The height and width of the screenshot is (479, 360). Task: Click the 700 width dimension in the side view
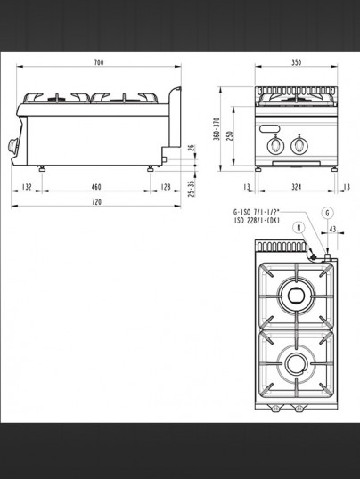coord(99,62)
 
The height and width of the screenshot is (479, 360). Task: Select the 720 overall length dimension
coord(96,202)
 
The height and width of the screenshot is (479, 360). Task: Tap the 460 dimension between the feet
coord(96,187)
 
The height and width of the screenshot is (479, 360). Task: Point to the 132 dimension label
coord(27,187)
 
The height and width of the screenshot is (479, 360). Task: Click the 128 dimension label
coord(166,187)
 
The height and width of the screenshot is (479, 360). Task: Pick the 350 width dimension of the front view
coord(296,62)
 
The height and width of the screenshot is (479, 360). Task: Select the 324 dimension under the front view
coord(296,187)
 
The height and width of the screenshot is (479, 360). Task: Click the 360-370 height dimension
coord(217,128)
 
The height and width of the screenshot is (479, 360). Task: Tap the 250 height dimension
coord(230,135)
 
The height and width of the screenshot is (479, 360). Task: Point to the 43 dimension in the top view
coord(332,229)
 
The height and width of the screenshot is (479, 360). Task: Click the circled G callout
coord(328,213)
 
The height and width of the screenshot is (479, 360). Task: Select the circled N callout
coord(299,228)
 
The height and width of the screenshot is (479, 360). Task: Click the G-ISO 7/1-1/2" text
coord(257,212)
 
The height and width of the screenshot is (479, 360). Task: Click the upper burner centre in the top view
coord(296,295)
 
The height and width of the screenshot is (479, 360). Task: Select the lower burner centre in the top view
coord(296,364)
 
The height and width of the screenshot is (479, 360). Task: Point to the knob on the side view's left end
coord(13,145)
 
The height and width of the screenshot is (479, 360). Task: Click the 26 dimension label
coord(192,148)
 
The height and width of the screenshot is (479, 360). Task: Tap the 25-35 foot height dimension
coord(192,189)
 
